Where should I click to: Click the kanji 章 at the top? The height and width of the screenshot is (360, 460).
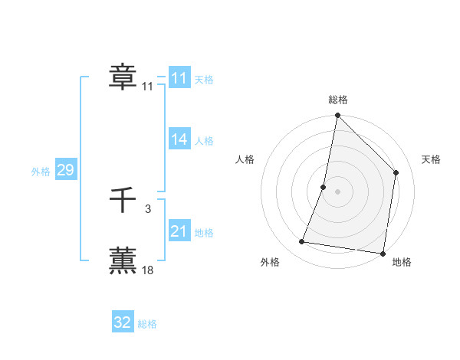tap(123, 77)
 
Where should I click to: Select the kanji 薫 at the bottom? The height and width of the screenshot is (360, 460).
tap(123, 260)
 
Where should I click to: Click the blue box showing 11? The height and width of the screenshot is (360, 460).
tap(179, 78)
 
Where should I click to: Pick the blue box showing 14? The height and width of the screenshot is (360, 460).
tap(179, 139)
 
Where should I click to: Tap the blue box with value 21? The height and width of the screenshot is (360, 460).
tap(179, 231)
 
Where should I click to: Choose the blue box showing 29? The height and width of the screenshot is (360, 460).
tap(65, 170)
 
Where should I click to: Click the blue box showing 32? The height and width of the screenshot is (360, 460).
tap(123, 322)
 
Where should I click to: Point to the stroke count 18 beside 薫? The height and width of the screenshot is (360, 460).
tap(148, 270)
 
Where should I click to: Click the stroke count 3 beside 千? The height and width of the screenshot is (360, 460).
tap(148, 208)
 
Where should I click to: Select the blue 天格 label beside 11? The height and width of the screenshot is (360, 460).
tap(204, 80)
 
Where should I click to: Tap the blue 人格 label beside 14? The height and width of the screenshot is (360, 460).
tap(204, 141)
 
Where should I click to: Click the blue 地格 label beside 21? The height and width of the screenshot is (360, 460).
tap(204, 233)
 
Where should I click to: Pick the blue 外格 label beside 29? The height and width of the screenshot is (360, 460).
tap(41, 172)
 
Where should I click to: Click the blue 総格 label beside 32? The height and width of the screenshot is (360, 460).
tap(147, 324)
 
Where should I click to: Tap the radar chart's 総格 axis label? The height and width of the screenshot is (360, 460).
tap(338, 100)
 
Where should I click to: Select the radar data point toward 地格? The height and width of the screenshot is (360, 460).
tap(382, 253)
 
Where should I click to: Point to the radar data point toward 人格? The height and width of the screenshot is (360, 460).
tap(324, 187)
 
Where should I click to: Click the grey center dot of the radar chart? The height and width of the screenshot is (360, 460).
tap(338, 191)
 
